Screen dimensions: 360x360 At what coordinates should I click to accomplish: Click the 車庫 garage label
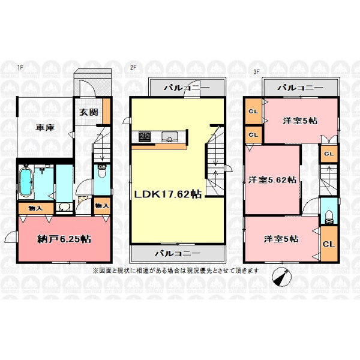(x=45, y=128)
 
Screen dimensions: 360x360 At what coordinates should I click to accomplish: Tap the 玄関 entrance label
(x=89, y=112)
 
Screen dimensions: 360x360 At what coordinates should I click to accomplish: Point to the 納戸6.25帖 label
(x=64, y=239)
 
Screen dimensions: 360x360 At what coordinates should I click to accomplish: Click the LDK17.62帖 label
(x=168, y=194)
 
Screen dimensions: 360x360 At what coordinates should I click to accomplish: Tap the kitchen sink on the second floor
(x=169, y=137)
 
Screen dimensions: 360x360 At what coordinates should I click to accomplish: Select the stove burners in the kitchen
(x=145, y=136)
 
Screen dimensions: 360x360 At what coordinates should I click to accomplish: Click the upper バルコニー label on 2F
(x=187, y=88)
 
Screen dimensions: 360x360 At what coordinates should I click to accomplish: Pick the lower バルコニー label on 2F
(x=178, y=253)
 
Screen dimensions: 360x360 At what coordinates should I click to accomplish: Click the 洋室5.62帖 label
(x=272, y=180)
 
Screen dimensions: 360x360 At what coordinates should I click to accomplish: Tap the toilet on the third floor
(x=329, y=217)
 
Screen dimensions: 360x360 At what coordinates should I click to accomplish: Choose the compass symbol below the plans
(x=282, y=277)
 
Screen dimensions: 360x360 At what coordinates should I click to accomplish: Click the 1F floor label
(x=20, y=67)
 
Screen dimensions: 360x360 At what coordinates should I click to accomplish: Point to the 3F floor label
(x=256, y=71)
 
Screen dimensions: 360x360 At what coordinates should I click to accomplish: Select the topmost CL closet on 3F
(x=253, y=112)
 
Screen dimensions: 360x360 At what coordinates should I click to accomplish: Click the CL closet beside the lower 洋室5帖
(x=329, y=244)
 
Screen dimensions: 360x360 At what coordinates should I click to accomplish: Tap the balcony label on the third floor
(x=301, y=88)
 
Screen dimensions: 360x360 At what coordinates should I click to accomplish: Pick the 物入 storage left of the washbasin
(x=35, y=208)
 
